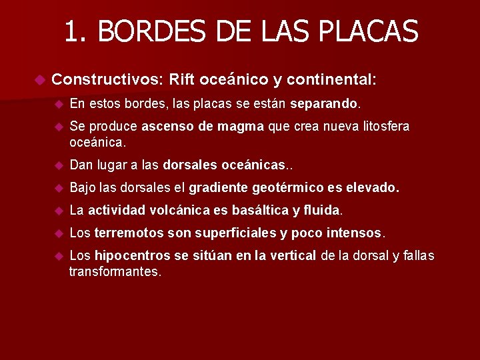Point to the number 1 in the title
pos(71,31)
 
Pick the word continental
pos(332,80)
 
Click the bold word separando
pos(325,104)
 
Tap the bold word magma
pos(241,127)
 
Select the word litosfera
pos(384,127)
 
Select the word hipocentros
pos(131,257)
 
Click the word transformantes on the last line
pos(115,272)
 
